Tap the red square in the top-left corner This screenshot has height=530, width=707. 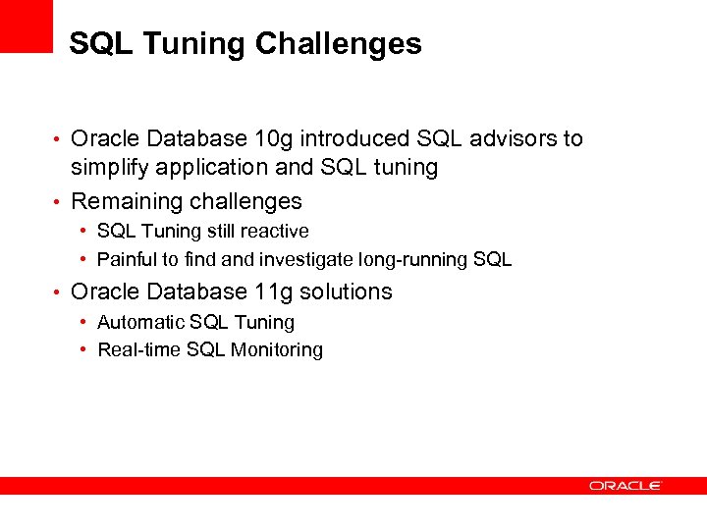pyautogui.click(x=26, y=25)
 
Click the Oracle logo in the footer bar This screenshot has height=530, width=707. pyautogui.click(x=625, y=485)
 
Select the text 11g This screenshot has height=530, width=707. pyautogui.click(x=278, y=292)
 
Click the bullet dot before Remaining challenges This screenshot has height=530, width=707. pyautogui.click(x=60, y=203)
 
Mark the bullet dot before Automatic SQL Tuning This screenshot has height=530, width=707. pyautogui.click(x=85, y=322)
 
